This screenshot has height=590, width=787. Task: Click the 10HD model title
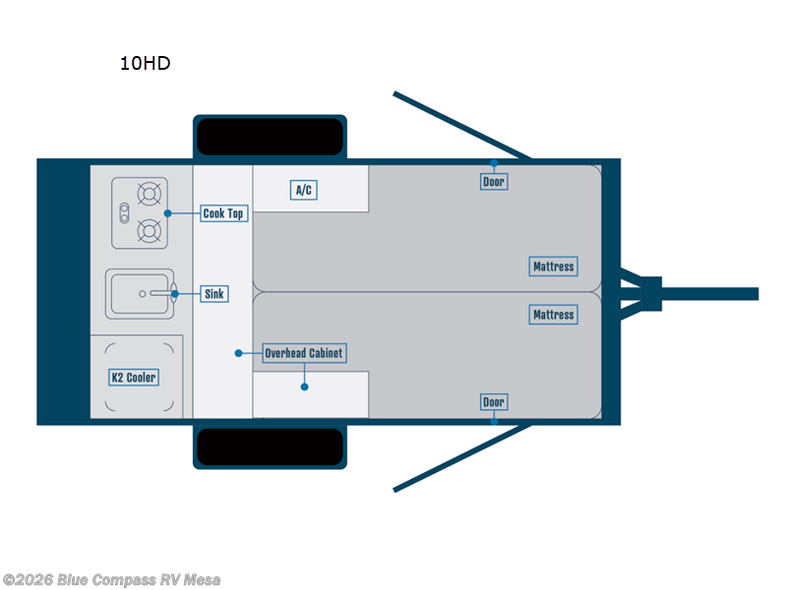coord(145,64)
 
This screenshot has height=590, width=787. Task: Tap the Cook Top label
coord(222,213)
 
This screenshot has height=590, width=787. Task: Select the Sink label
coord(213,294)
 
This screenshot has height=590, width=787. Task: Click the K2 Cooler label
coord(133,378)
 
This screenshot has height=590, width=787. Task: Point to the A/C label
coord(305,190)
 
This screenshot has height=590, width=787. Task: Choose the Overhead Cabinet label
coord(305,353)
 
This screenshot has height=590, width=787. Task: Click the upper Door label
coord(494,182)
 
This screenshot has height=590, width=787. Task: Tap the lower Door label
coord(494,402)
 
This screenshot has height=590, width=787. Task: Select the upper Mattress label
coord(553,266)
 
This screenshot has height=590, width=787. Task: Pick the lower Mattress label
coord(553,315)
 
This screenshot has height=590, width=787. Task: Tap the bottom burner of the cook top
coord(150,232)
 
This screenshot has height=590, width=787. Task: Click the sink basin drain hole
coord(143,293)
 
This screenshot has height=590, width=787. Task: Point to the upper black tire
coord(270,137)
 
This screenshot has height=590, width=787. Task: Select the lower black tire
coord(270,447)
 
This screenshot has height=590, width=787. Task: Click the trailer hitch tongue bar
coord(708,294)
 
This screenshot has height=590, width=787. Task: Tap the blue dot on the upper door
coord(494,163)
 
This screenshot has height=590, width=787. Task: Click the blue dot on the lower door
coord(494,421)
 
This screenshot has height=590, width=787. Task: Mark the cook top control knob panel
coord(125,212)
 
